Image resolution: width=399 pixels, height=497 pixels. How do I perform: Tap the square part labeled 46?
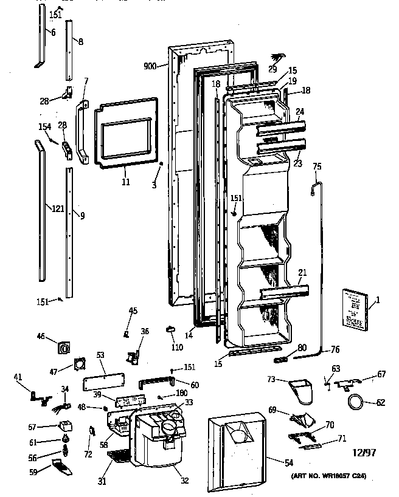click(x=64, y=348)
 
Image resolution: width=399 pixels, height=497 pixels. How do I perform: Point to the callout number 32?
click(x=184, y=481)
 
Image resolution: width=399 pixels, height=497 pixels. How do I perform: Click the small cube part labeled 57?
click(x=63, y=426)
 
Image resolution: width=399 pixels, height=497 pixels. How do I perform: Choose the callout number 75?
click(x=316, y=166)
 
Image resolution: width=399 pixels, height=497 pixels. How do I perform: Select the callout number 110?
click(x=177, y=348)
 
